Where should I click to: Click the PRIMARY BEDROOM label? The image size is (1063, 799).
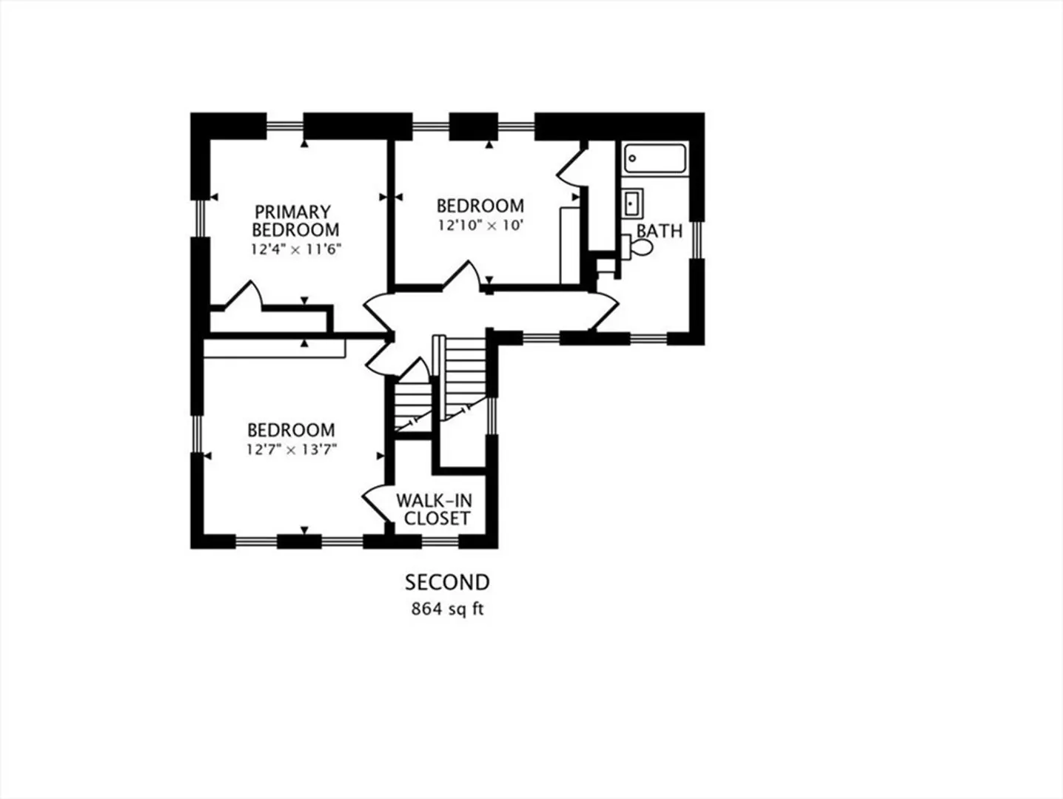point(295,220)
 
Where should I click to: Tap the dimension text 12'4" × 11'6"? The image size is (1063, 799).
point(296,249)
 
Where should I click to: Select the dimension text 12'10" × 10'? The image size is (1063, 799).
point(480,226)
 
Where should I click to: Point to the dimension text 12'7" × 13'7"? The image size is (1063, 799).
point(291,450)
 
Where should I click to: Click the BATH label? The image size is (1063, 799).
point(659,232)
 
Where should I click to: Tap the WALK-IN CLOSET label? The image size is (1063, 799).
point(434,509)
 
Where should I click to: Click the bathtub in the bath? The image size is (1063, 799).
point(654,158)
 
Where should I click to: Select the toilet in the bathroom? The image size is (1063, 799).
point(638,247)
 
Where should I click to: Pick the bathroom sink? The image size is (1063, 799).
point(632,203)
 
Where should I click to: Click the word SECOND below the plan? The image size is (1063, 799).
point(447,583)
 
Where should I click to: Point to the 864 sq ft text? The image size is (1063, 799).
point(447,609)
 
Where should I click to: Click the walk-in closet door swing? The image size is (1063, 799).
point(376,503)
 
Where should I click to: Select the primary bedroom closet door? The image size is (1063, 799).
point(243,294)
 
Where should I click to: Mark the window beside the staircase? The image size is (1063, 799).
point(492,416)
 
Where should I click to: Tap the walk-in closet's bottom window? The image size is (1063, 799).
point(440,541)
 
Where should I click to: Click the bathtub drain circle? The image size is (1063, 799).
point(632,158)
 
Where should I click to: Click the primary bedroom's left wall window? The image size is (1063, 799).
point(200,218)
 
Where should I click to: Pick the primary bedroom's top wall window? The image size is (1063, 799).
point(285,127)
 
